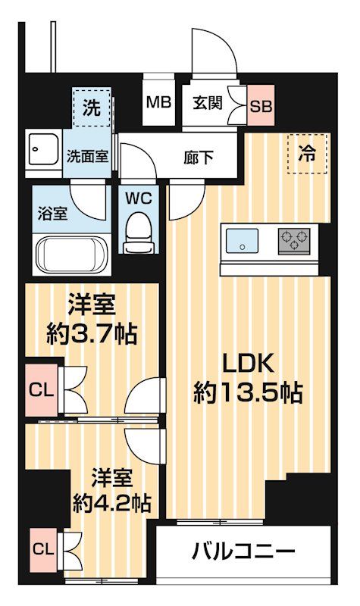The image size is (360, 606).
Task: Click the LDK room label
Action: tap(247, 364)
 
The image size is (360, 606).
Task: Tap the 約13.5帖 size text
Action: tap(247, 392)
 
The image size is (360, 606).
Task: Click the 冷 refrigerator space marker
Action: tap(308, 154)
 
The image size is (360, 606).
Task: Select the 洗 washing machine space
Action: tap(91, 108)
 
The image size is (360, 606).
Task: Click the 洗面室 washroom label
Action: tap(87, 158)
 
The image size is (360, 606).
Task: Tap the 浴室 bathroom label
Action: tap(52, 212)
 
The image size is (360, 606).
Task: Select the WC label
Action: tap(138, 199)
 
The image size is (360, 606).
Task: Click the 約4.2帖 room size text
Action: tap(111, 502)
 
